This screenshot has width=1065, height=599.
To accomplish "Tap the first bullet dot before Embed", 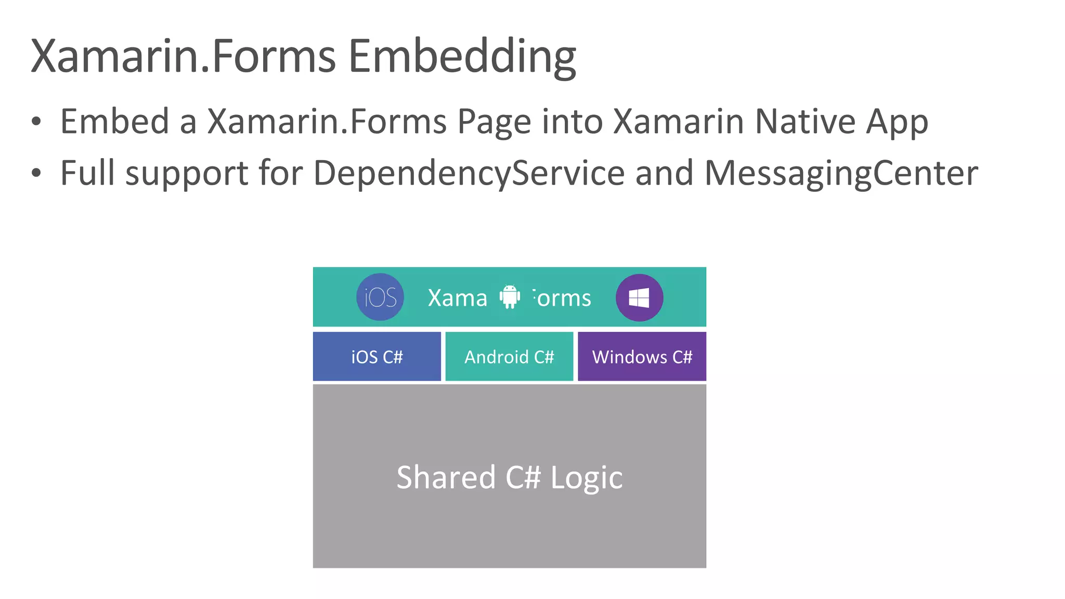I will (x=36, y=122).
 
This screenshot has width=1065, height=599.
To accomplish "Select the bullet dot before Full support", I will (x=36, y=173).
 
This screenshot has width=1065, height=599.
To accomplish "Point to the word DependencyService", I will (x=469, y=173).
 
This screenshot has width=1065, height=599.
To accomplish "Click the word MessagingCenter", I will (x=841, y=173).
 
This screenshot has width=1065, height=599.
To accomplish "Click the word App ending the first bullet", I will (x=897, y=122).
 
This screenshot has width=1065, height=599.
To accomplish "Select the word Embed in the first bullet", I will (x=115, y=122).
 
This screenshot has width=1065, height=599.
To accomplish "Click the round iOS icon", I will (x=380, y=297).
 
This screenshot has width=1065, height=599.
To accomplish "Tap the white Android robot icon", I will (x=510, y=296).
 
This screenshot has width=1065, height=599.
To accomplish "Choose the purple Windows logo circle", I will (x=639, y=297).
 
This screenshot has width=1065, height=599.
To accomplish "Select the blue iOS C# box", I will (x=377, y=357).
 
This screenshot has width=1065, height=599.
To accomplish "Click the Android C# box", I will (x=509, y=357).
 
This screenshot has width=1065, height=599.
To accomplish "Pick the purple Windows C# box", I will (x=642, y=357).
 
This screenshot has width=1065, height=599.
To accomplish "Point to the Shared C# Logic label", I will (x=509, y=477).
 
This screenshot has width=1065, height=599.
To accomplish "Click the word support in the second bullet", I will (x=187, y=173).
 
